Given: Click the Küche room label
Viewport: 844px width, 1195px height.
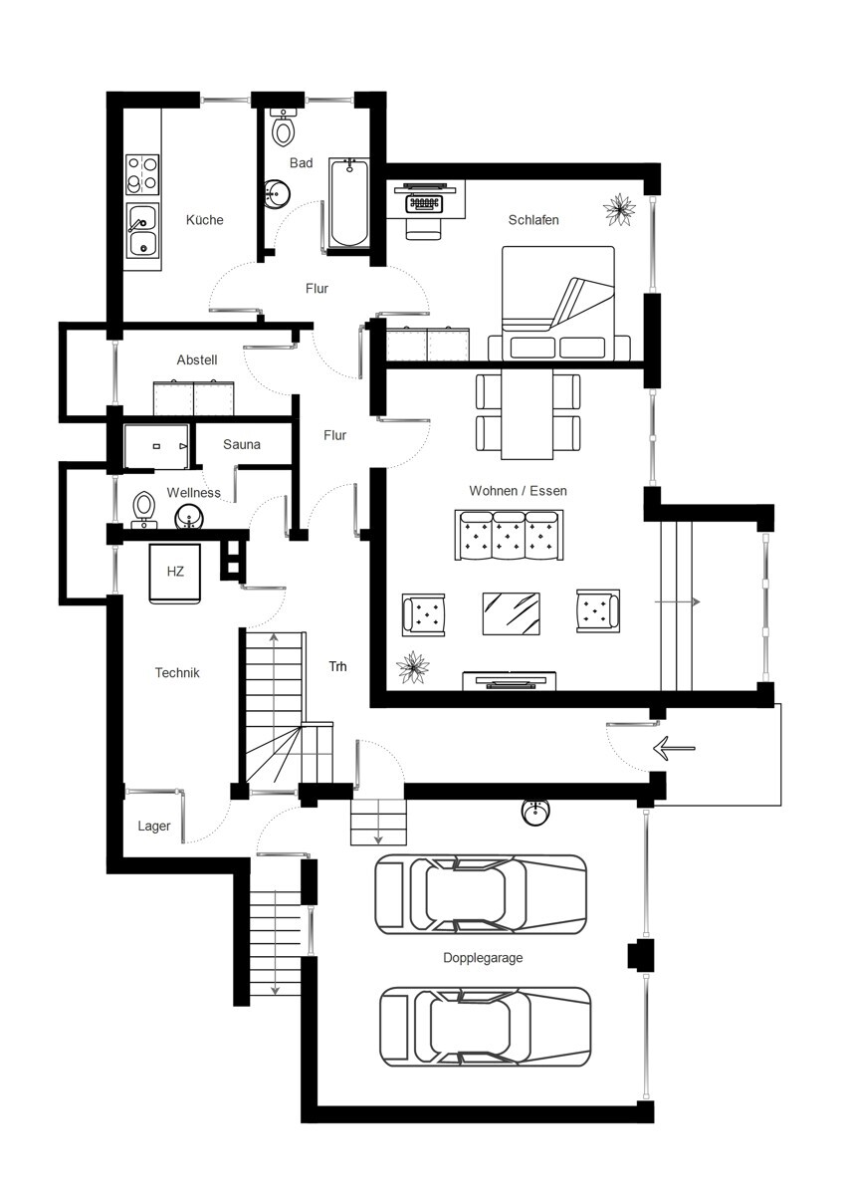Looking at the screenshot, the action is tap(204, 220).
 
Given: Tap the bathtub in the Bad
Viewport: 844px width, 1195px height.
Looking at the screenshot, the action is tap(348, 202).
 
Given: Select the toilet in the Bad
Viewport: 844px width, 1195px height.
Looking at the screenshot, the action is tap(283, 127).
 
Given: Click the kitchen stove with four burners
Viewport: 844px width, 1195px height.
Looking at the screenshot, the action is tap(143, 174).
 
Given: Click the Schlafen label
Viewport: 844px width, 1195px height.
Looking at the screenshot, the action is tap(533, 220).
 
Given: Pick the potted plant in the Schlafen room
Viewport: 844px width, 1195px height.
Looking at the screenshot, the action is tap(619, 210).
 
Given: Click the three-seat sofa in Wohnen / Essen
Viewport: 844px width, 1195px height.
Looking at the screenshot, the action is tap(509, 535).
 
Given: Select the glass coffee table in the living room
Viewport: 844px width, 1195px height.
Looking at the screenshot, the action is tap(511, 613).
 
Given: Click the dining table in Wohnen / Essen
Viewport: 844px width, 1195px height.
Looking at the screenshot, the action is tap(527, 414).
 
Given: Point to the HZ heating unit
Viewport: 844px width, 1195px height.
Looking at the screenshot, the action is tap(175, 574).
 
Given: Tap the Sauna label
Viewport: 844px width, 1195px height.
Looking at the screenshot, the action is tap(242, 444).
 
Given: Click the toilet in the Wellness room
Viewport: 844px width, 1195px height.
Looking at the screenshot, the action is tap(143, 509).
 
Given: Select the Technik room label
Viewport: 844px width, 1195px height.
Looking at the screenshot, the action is tap(177, 672).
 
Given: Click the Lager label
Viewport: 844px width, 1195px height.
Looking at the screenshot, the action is tap(153, 827).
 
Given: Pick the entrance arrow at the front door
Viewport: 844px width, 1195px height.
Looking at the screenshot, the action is tap(674, 748).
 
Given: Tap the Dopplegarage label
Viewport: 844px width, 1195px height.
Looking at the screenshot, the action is tap(483, 958).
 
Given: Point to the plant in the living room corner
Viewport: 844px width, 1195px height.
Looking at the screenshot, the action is tap(413, 667).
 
